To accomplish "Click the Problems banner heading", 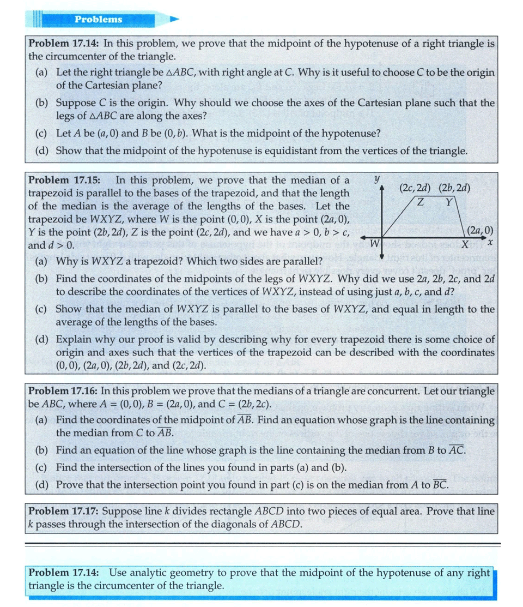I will click(99, 20).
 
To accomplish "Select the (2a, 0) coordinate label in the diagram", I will click(481, 230).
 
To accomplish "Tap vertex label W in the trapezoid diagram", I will click(374, 243).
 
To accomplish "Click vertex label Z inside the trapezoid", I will click(421, 202).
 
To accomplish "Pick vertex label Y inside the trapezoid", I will click(448, 202).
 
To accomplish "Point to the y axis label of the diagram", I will click(376, 178).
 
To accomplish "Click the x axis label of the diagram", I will click(490, 241).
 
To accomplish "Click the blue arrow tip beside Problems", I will click(174, 19).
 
